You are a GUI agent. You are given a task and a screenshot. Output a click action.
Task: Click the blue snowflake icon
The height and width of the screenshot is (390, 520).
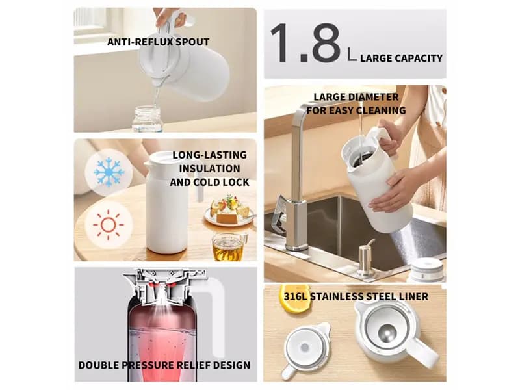[109, 172]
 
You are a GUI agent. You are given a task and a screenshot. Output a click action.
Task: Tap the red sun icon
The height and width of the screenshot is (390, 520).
[108, 225]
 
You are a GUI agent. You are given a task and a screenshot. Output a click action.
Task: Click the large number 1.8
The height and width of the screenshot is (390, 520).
[305, 43]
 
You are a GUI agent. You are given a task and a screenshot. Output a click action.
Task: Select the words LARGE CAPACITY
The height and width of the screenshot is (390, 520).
[401, 58]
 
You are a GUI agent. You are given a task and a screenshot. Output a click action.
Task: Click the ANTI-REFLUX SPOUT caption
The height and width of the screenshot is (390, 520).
[158, 42]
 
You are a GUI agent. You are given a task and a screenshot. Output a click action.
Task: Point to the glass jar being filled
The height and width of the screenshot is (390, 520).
[147, 118]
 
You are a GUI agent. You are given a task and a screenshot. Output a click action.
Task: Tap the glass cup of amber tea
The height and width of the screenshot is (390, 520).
[229, 247]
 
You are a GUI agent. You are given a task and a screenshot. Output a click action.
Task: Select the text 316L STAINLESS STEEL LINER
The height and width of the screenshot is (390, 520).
[356, 296]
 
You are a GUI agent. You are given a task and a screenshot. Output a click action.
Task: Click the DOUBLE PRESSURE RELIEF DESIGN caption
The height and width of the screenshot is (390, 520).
[164, 365]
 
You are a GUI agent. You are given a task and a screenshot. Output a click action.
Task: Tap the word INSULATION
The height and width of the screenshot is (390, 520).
[209, 169]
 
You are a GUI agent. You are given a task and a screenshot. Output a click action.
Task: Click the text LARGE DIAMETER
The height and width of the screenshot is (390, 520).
[356, 97]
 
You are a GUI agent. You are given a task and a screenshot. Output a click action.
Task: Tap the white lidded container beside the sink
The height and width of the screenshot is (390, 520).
[427, 269]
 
